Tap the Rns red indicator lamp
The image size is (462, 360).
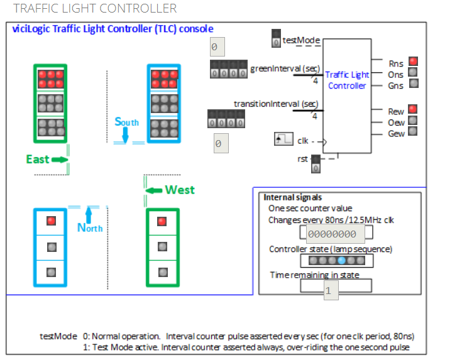[413, 62]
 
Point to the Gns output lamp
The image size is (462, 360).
[413, 84]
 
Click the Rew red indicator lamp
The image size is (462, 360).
[413, 110]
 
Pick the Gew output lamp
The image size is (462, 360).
[413, 132]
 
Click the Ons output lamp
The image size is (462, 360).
[413, 73]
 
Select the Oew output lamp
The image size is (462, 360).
[413, 121]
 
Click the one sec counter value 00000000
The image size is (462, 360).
[336, 234]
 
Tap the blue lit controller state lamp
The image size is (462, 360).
[341, 261]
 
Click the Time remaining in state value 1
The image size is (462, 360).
[331, 292]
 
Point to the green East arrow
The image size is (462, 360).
[60, 160]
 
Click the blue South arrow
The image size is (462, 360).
[126, 134]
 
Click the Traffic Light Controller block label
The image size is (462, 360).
[347, 80]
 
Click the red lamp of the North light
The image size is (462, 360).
[52, 221]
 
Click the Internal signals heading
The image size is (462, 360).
[292, 197]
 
